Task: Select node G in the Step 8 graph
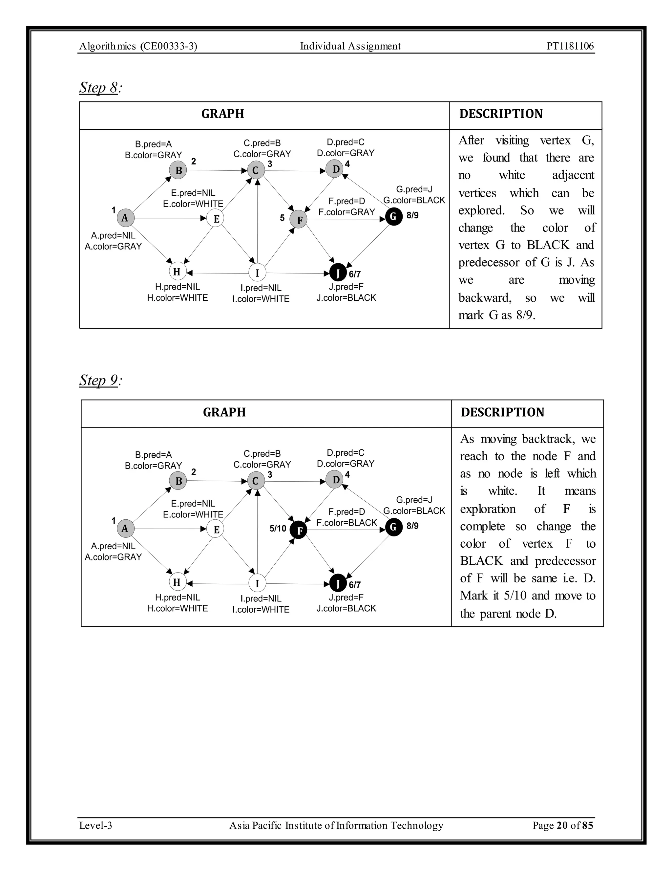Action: click(x=394, y=217)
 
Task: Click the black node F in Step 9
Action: click(x=299, y=530)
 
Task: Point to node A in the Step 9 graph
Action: click(x=125, y=529)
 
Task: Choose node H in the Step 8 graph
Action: click(x=177, y=272)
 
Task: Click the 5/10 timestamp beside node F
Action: click(x=278, y=529)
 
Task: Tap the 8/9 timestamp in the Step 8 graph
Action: click(x=412, y=215)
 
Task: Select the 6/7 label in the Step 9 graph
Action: click(x=355, y=585)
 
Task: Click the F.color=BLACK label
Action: click(x=347, y=523)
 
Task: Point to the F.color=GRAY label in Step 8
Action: click(x=347, y=212)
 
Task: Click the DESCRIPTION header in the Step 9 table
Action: click(x=502, y=412)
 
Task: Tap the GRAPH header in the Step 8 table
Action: click(x=222, y=114)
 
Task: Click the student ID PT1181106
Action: click(x=570, y=46)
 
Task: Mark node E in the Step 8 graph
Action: click(x=216, y=218)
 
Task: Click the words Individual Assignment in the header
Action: click(x=350, y=46)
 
